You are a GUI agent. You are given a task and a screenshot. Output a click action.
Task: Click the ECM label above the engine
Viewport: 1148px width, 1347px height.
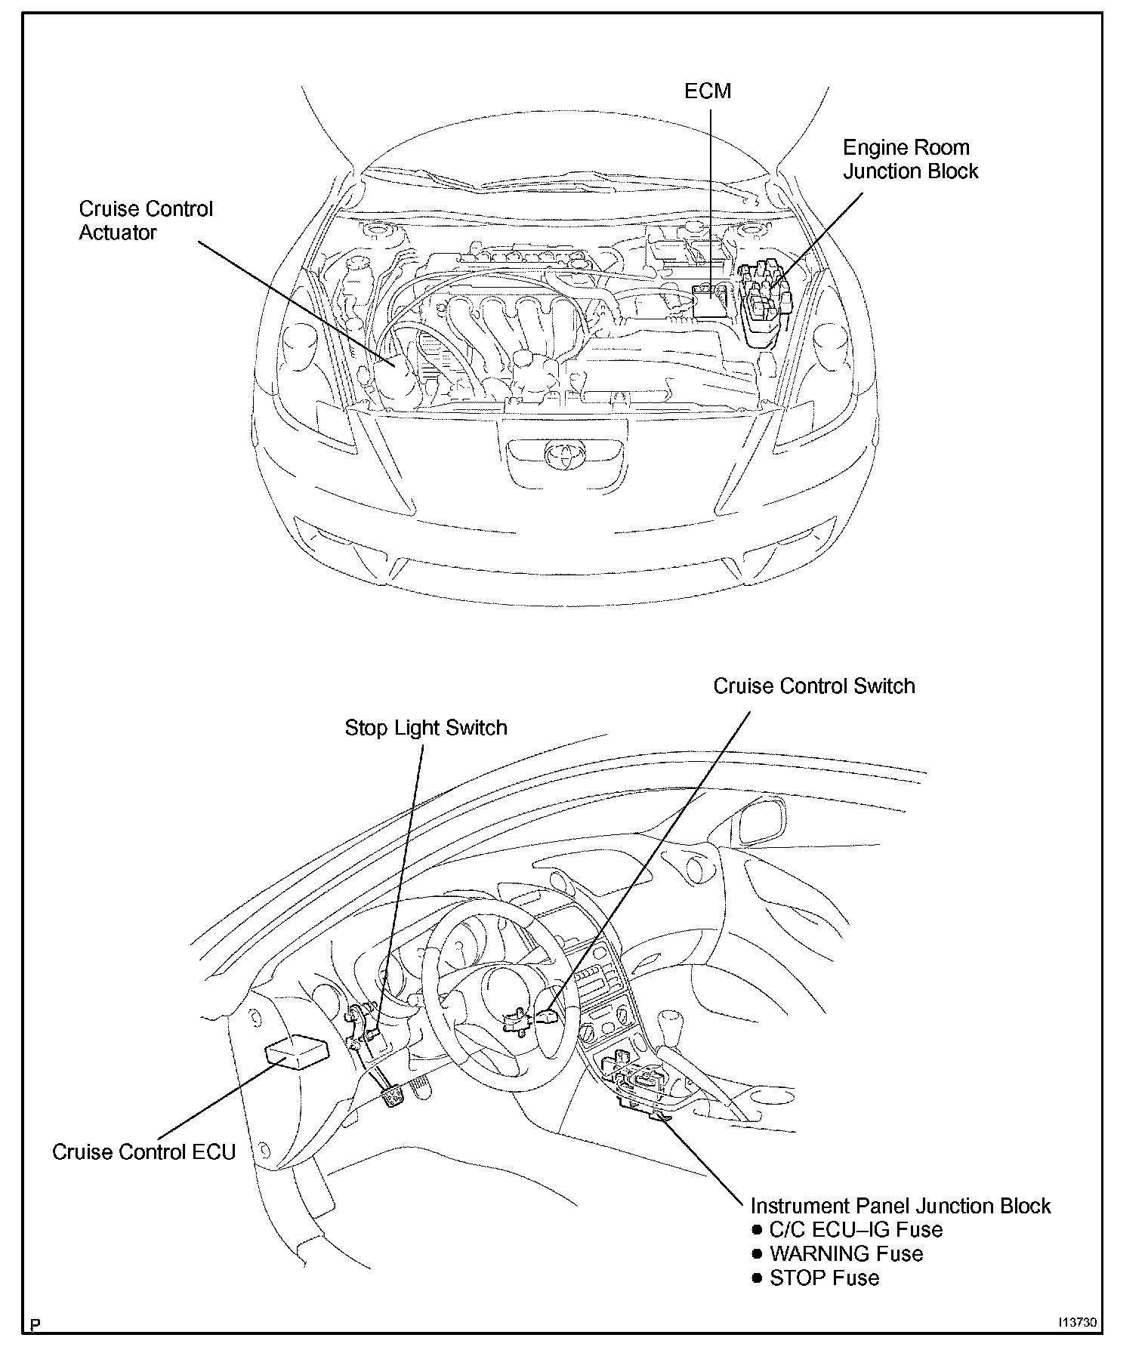coord(707,91)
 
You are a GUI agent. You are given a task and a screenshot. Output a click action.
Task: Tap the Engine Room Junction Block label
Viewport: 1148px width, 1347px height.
coord(910,159)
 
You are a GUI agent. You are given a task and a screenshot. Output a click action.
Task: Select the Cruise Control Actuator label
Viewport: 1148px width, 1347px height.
coord(146,220)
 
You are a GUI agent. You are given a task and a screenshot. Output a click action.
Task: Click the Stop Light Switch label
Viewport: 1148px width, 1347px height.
coord(426,728)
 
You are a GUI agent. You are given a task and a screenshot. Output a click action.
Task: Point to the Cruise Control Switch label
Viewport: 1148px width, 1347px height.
coord(813,686)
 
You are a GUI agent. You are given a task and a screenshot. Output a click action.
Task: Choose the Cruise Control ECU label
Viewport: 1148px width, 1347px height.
coord(143,1152)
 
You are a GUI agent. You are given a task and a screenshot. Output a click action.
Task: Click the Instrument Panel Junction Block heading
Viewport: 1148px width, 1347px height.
coord(900,1206)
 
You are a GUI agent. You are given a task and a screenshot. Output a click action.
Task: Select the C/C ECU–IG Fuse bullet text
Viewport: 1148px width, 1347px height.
coord(856,1230)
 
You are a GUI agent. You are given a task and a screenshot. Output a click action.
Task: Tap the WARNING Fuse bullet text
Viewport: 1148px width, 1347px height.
coord(846,1254)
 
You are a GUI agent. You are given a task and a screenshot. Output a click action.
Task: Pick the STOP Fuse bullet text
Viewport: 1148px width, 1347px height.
coord(824,1278)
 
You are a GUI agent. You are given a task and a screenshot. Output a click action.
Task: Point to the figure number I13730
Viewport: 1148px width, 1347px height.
coord(1076,1323)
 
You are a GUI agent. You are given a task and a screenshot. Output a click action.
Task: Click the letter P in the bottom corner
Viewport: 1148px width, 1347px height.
coord(35,1325)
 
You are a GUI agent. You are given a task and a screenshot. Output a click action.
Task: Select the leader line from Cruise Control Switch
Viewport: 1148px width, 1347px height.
coord(650,861)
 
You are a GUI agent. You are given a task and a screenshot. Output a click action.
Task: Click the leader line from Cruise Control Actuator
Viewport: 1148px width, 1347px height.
coord(295,302)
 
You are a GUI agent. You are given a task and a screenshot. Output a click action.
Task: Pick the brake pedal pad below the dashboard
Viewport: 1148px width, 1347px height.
coord(393,1096)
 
